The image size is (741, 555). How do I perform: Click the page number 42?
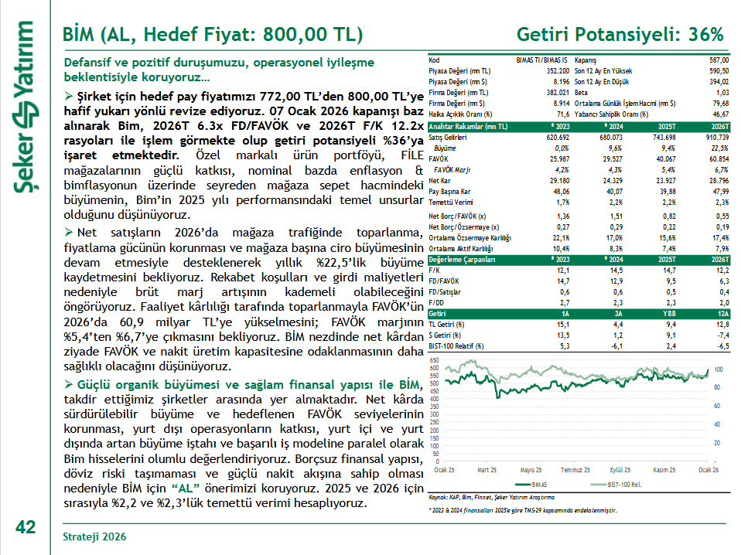click(x=26, y=527)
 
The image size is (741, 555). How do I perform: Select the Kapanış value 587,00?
click(x=717, y=60)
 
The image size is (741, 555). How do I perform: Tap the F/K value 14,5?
click(x=617, y=271)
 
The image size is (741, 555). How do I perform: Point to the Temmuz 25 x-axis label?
click(x=575, y=470)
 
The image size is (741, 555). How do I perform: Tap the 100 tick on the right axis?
click(x=717, y=369)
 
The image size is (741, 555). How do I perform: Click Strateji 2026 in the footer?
click(x=94, y=536)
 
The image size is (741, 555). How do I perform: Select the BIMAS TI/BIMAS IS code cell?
click(x=541, y=60)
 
